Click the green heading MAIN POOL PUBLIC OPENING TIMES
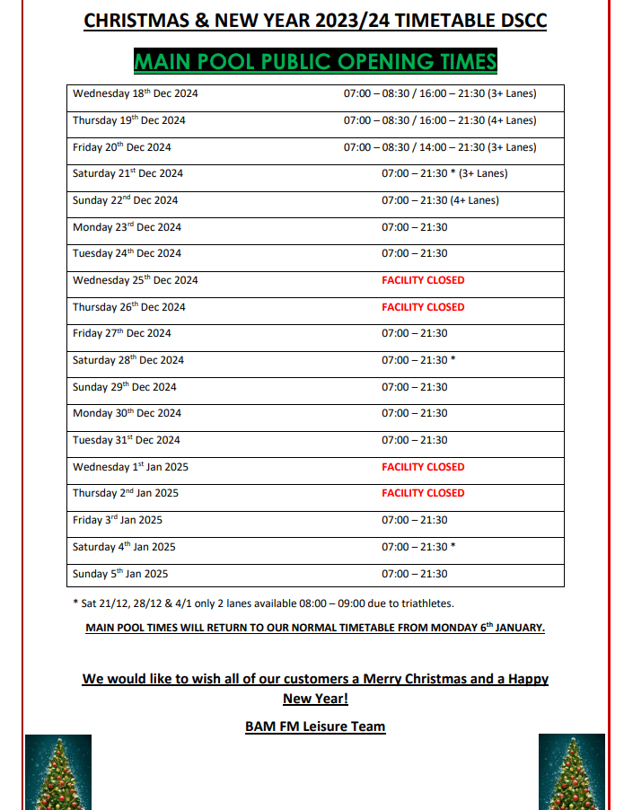pos(314,61)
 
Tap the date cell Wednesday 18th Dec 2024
pos(136,93)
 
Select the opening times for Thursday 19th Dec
pos(439,120)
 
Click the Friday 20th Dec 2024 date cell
pos(122,147)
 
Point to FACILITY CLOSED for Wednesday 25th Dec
pos(423,280)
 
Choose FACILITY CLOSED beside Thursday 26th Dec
pos(423,307)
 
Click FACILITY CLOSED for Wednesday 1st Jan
pos(423,467)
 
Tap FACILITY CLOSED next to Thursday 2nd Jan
pos(423,493)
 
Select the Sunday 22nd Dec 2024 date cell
pos(126,200)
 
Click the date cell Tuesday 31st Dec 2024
pos(127,440)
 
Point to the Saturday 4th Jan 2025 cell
pos(124,547)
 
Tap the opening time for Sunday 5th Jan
pos(414,574)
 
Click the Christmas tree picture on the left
pos(57,772)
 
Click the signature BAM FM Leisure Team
pos(315,726)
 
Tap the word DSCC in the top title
pos(521,22)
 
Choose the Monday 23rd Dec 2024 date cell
pos(127,227)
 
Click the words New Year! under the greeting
pos(315,698)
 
